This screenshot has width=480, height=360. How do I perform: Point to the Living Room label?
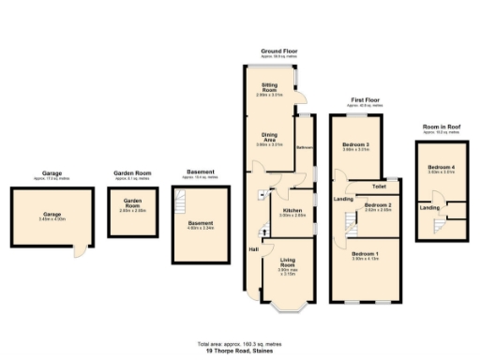coord(288,264)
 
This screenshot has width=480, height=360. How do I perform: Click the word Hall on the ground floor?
coord(253,248)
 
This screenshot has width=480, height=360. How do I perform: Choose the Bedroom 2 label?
coord(378,204)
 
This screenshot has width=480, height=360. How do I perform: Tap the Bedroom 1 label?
coord(365,254)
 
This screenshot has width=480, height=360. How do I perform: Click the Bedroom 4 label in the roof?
coord(441,168)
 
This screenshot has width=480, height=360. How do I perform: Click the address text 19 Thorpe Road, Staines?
coord(239,349)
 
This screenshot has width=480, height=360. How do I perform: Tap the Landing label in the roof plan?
coord(429,207)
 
